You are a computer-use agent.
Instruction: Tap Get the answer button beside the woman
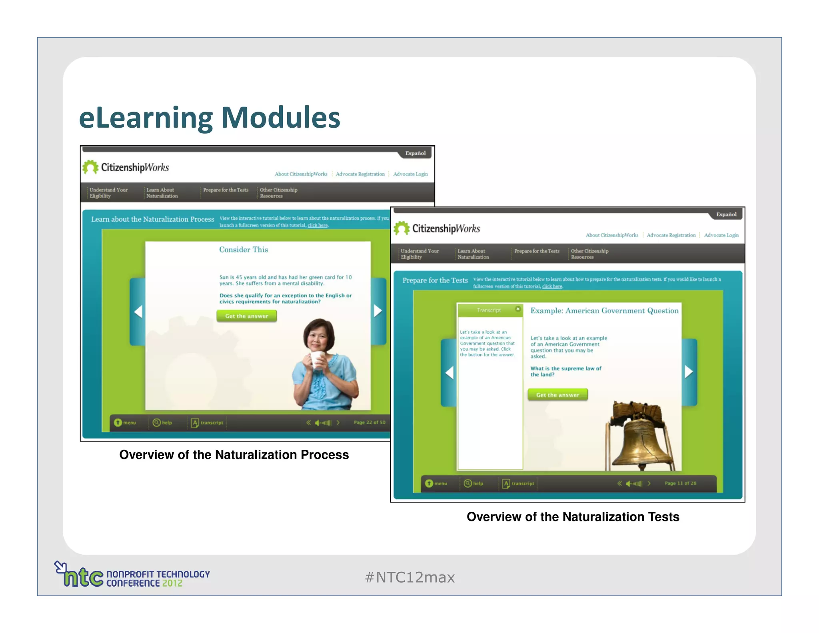tap(246, 316)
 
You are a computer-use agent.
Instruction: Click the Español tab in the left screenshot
tap(415, 153)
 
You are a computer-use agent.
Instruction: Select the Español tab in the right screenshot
tap(726, 214)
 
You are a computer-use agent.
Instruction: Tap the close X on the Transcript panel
tap(518, 309)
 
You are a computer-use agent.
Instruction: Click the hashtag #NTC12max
tap(409, 577)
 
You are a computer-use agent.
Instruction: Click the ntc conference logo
tap(132, 575)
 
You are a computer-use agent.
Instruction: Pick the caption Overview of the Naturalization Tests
tap(573, 517)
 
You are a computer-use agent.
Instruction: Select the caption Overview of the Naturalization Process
tap(234, 455)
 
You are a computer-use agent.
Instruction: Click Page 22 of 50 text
tap(369, 423)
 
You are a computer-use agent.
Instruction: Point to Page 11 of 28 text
tap(680, 483)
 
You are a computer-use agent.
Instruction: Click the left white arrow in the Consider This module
tap(138, 311)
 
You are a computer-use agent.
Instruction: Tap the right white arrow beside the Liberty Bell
tap(688, 372)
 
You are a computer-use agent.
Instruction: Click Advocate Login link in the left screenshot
tap(410, 174)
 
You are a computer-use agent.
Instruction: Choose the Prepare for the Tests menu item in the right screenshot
tap(537, 251)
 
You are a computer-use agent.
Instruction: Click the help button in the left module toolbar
tap(162, 423)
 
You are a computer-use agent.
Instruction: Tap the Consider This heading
tap(244, 250)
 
